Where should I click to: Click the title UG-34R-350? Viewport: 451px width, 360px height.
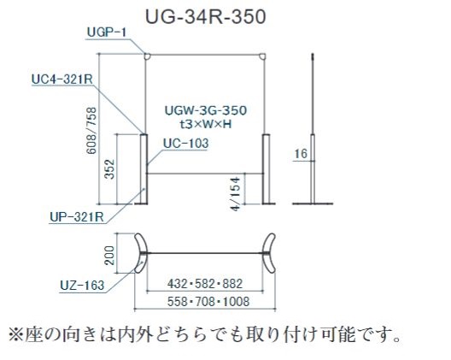(206, 17)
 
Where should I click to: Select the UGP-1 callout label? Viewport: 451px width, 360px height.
(107, 32)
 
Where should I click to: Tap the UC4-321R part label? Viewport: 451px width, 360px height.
(62, 80)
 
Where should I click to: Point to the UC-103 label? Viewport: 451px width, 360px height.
(186, 143)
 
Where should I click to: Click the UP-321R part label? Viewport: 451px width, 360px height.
(77, 217)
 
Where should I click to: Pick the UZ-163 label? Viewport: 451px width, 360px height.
(82, 286)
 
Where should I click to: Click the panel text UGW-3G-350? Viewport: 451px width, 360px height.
(206, 110)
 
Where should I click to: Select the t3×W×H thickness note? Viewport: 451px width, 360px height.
(206, 124)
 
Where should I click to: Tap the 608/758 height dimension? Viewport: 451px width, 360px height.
(92, 131)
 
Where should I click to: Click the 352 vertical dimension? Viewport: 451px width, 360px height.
(109, 169)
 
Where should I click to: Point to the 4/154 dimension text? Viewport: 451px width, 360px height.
(235, 194)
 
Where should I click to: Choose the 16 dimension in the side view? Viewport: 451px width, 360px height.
(301, 154)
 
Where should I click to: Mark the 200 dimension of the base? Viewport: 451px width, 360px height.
(109, 256)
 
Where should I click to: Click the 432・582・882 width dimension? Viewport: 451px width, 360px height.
(205, 284)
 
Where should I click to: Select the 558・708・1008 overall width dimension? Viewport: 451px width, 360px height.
(208, 302)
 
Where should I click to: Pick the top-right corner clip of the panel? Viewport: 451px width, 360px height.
(262, 56)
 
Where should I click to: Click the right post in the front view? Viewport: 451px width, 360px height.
(266, 168)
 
